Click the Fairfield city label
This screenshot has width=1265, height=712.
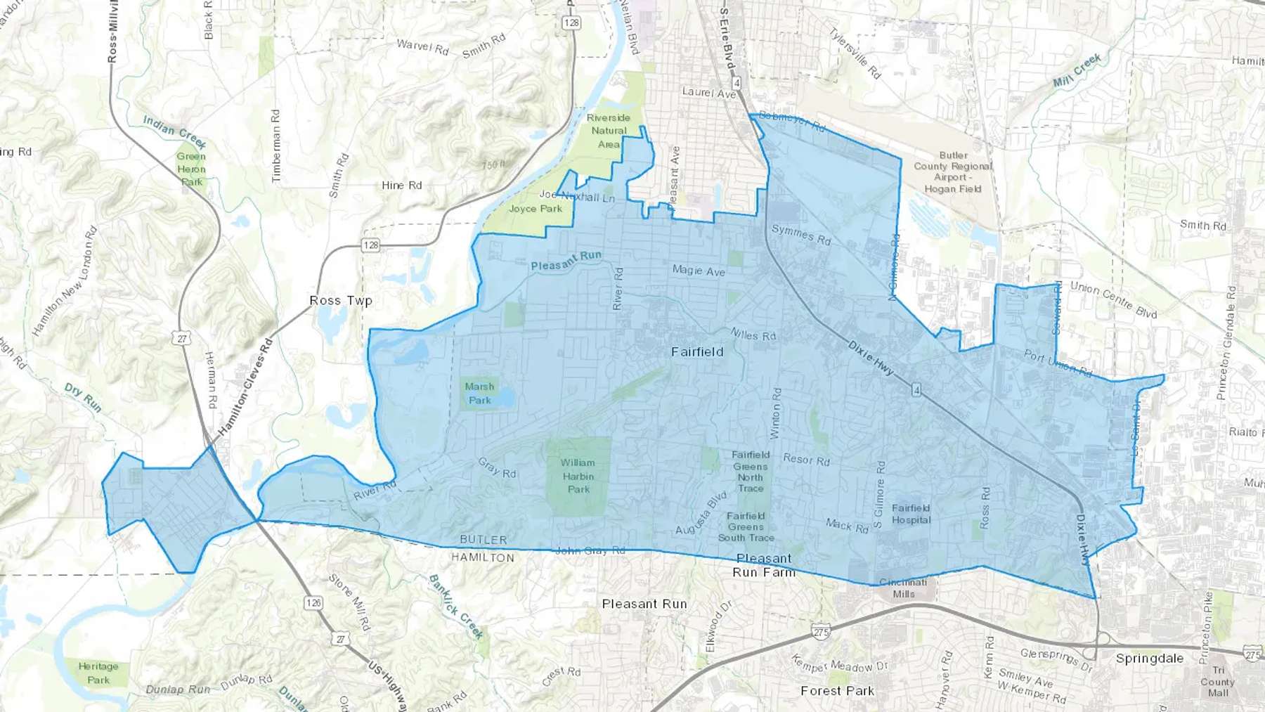click(x=696, y=352)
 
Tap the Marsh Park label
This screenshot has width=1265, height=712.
click(x=479, y=394)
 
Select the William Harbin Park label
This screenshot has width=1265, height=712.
click(x=578, y=476)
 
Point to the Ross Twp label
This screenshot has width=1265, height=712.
click(x=341, y=301)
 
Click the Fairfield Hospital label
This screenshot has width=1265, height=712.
click(x=911, y=514)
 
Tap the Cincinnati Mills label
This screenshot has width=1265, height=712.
click(x=903, y=588)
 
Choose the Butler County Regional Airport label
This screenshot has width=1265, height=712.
click(x=952, y=172)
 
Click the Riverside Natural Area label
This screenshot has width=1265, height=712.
click(x=609, y=131)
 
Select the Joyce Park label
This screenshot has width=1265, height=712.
click(x=536, y=209)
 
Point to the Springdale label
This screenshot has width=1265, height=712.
click(x=1149, y=659)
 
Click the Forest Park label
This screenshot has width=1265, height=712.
click(x=837, y=691)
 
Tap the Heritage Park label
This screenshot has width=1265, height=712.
click(x=98, y=673)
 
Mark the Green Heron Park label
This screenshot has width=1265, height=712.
click(x=191, y=169)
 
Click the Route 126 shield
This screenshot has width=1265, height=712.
click(x=313, y=602)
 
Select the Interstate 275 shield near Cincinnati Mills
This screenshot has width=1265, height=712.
click(x=821, y=632)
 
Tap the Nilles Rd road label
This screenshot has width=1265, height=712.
click(x=753, y=335)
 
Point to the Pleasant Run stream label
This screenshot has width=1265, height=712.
click(x=566, y=261)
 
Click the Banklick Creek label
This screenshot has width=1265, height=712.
click(x=456, y=607)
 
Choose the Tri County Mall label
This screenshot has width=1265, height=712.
click(x=1217, y=681)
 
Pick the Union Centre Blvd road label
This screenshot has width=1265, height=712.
click(x=1113, y=299)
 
